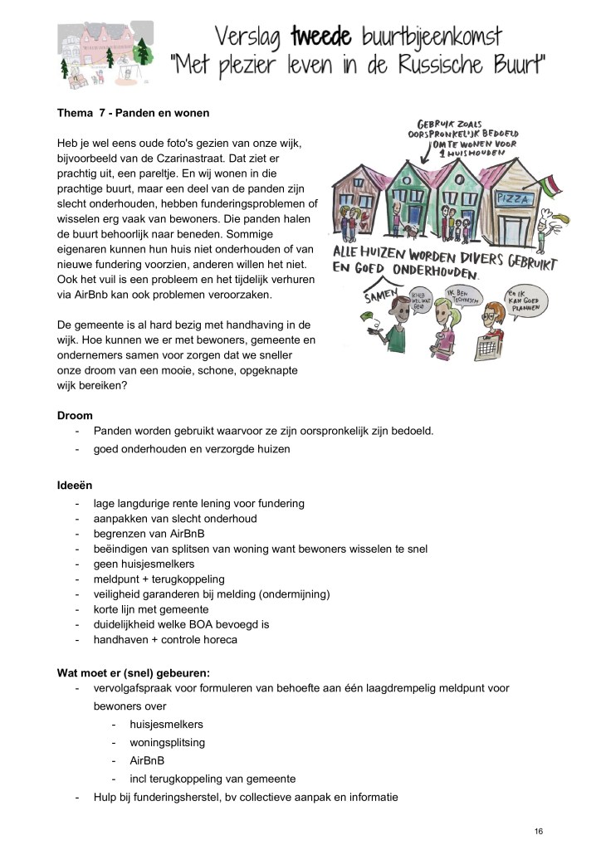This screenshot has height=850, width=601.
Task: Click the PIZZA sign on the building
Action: click(514, 200)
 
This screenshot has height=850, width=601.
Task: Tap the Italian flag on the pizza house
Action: click(549, 184)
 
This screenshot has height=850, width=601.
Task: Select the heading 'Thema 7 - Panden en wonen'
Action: click(133, 112)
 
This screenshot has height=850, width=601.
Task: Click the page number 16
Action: click(539, 830)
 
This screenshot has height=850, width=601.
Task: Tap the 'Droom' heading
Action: click(75, 415)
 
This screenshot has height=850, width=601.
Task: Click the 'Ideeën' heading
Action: click(74, 485)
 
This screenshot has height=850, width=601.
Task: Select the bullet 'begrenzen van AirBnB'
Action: click(149, 534)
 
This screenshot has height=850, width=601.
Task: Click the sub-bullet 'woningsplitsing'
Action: click(167, 742)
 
